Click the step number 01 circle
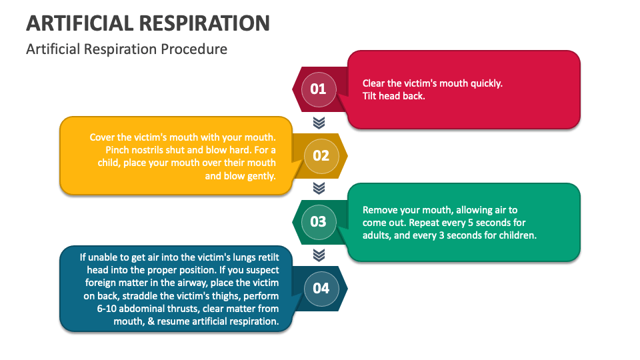pos(319,89)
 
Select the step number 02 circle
pos(321,155)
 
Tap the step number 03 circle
pos(319,221)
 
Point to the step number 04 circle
pos(321,288)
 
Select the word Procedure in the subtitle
pos(197,49)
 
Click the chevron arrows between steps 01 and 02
pos(319,122)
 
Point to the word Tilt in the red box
pos(371,95)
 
